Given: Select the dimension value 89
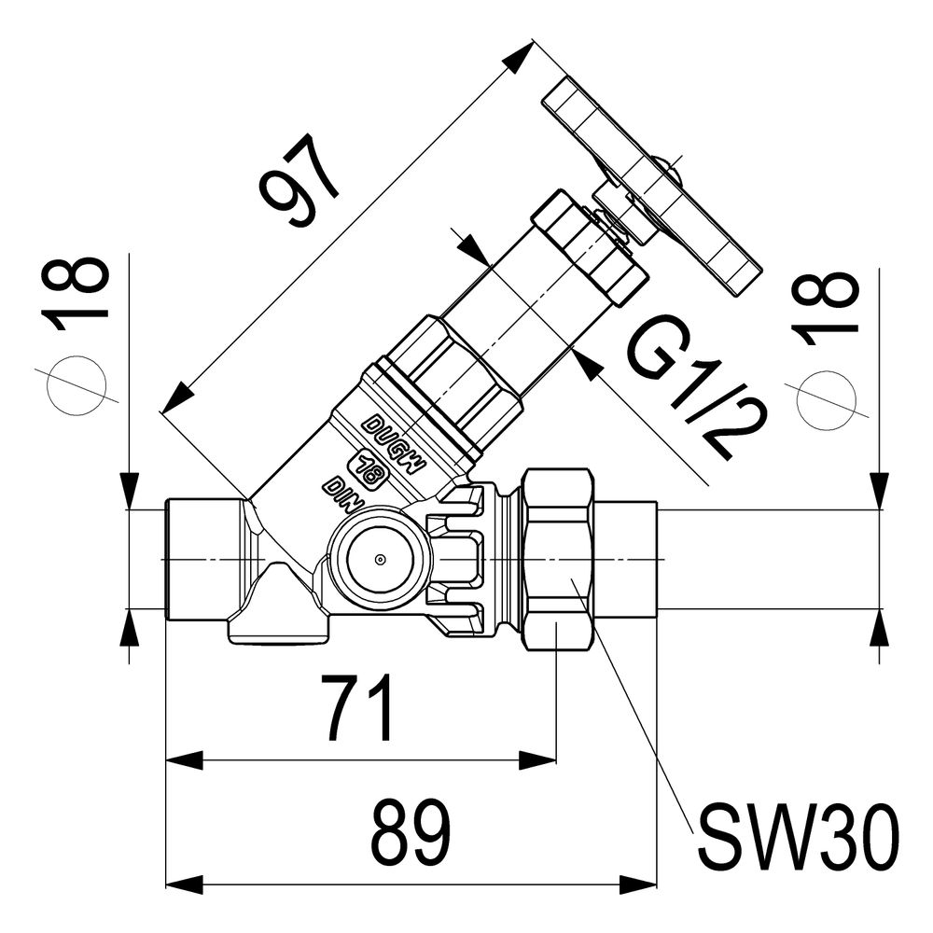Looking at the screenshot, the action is (411, 833).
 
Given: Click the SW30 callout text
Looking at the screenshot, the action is (798, 837).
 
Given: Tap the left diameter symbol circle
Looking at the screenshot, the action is (77, 385).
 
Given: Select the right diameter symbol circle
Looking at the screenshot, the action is (827, 400).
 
